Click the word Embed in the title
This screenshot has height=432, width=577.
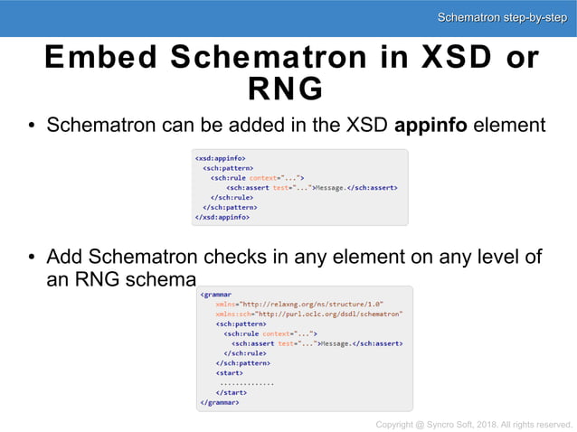tap(99, 57)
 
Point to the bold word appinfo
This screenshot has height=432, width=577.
tap(431, 126)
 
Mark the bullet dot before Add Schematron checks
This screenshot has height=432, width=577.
tap(31, 258)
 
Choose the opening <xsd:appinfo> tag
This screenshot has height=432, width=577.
tap(221, 157)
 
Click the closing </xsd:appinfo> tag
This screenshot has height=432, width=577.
tap(222, 217)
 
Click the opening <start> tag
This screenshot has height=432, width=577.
tap(231, 373)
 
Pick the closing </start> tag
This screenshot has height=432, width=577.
tap(232, 393)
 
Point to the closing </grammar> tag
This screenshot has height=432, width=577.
tap(220, 403)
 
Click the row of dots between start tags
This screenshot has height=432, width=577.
tap(247, 383)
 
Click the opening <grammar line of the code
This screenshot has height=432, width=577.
tap(216, 294)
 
